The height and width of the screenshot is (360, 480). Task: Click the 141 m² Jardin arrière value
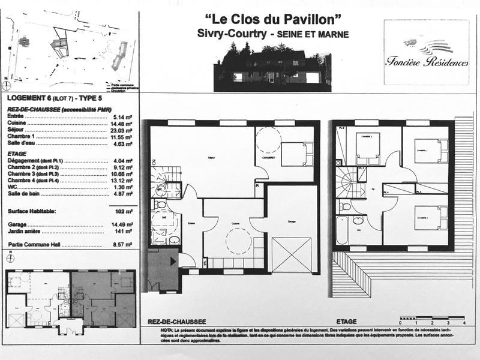point(125,229)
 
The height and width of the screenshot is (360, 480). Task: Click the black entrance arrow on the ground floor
point(173,260)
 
